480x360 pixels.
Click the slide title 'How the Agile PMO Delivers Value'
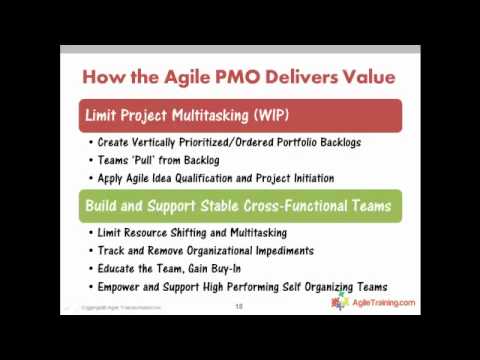point(238,77)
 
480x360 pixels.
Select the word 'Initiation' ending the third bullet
point(306,178)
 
